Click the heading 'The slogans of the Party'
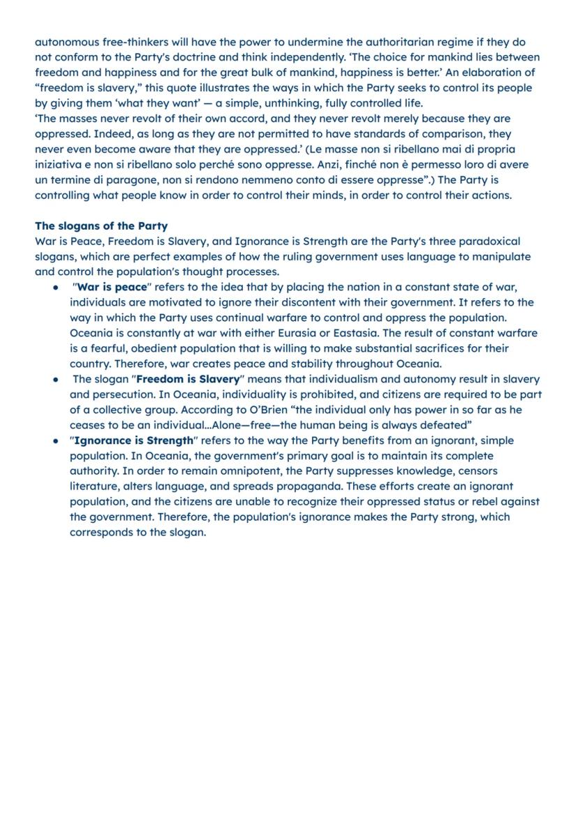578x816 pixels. pyautogui.click(x=101, y=226)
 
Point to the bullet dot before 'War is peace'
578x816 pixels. pyautogui.click(x=55, y=288)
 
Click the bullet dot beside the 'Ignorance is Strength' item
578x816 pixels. pyautogui.click(x=55, y=441)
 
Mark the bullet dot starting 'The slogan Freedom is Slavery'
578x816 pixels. pyautogui.click(x=55, y=380)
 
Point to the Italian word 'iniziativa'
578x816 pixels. pyautogui.click(x=60, y=165)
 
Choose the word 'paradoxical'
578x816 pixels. pyautogui.click(x=484, y=242)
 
